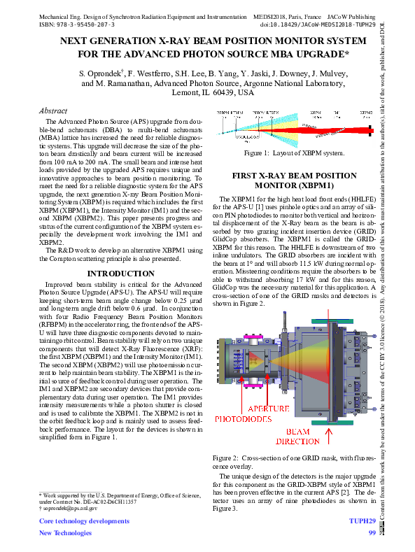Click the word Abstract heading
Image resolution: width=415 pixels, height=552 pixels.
tap(53, 111)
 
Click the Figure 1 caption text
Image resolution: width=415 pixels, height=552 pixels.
tap(294, 153)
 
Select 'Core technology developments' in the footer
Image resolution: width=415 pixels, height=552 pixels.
tap(84, 522)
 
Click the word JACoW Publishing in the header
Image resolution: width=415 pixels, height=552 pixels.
tap(350, 14)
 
